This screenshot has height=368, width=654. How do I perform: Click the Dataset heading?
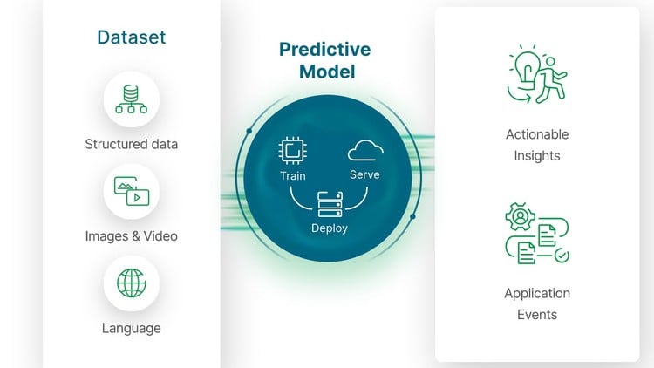(132, 37)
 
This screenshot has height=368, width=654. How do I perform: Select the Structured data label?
(131, 144)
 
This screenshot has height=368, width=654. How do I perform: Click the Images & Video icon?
(131, 191)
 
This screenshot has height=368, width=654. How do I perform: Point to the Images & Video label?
(131, 235)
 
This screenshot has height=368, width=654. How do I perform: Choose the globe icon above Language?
(131, 283)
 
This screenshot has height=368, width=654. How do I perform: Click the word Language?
(131, 328)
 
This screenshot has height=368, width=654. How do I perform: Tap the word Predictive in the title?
(324, 50)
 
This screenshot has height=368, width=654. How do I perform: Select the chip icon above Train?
(292, 151)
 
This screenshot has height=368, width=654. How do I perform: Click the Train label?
(292, 176)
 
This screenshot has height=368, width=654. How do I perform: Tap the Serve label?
(364, 174)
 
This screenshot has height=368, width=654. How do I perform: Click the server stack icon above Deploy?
(329, 206)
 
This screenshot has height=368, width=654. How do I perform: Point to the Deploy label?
(329, 228)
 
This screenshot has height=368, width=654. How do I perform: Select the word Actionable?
(537, 134)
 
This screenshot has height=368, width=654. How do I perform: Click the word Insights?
(537, 156)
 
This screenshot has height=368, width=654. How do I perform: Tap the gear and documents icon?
(536, 233)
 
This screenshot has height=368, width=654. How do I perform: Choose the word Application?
(537, 293)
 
